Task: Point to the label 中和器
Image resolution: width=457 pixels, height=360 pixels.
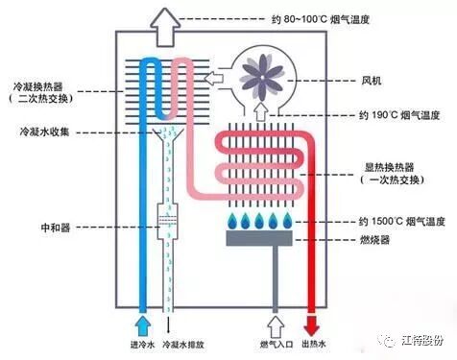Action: (31, 228)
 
